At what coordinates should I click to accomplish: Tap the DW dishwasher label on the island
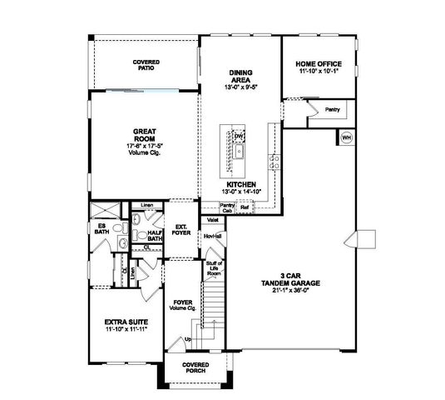238,136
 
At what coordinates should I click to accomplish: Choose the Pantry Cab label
226,207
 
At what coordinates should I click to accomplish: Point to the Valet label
212,221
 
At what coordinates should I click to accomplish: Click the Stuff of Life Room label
214,269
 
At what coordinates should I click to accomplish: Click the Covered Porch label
197,367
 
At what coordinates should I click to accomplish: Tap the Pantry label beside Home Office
332,109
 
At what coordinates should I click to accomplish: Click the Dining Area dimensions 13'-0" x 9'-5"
241,87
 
